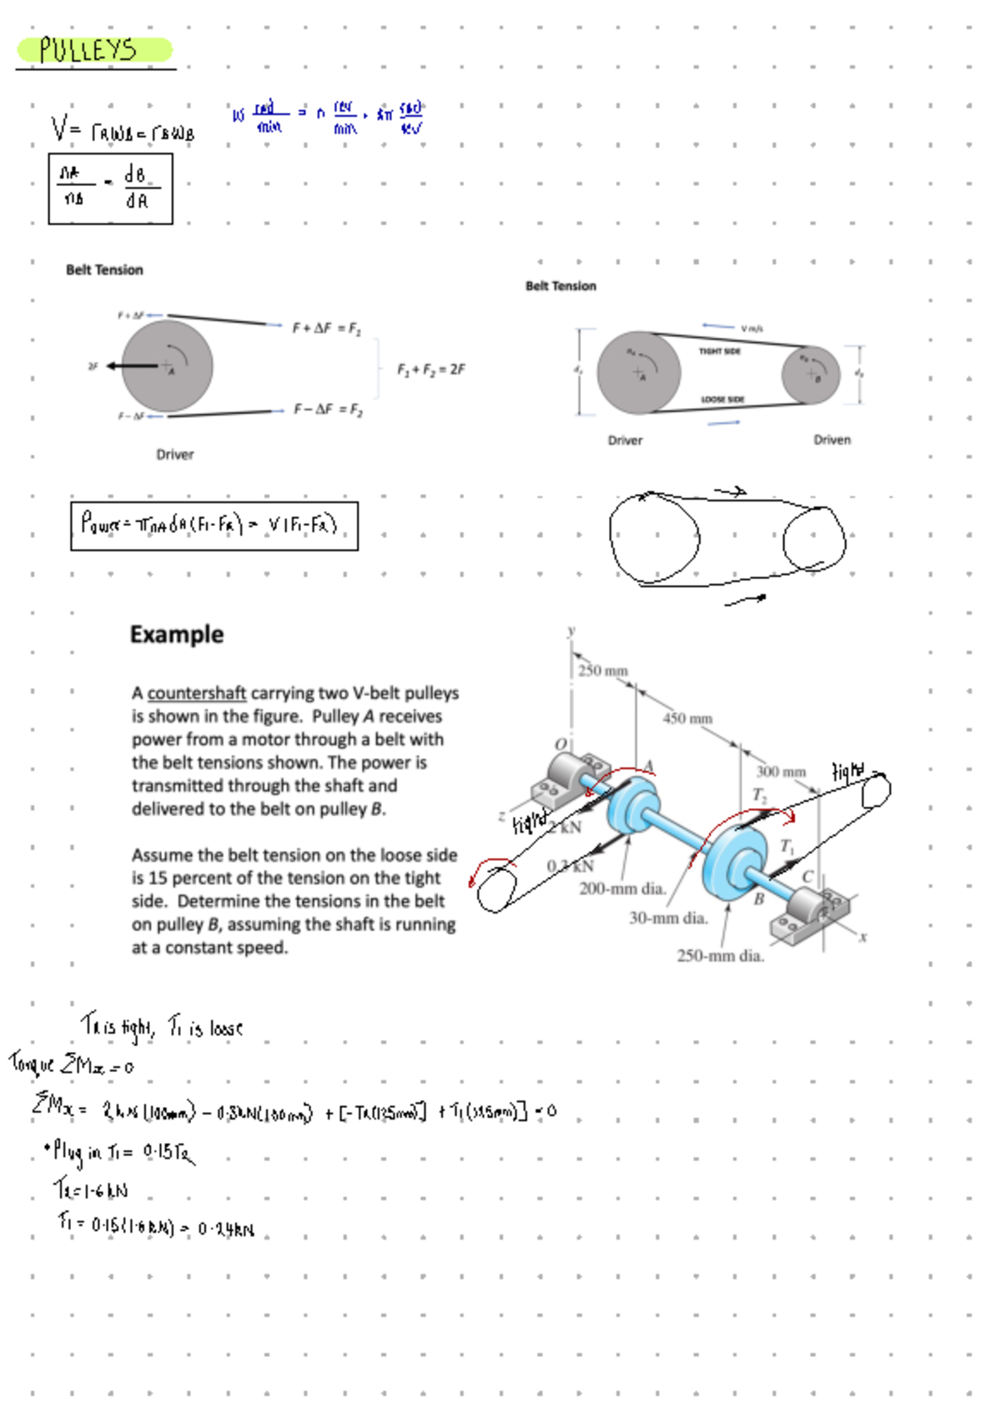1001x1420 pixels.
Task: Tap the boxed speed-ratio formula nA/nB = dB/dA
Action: pyautogui.click(x=110, y=189)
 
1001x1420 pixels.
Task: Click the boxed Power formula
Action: pyautogui.click(x=214, y=526)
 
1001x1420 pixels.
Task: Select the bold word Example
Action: pyautogui.click(x=177, y=634)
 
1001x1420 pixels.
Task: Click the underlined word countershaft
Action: pyautogui.click(x=196, y=693)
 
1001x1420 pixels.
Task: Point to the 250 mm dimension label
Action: pyautogui.click(x=603, y=671)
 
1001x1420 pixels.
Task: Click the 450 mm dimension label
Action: pyautogui.click(x=687, y=718)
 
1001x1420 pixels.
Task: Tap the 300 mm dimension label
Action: pyautogui.click(x=781, y=772)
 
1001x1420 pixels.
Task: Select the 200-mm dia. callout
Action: pyautogui.click(x=622, y=889)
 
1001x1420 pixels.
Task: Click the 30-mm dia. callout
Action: pyautogui.click(x=668, y=919)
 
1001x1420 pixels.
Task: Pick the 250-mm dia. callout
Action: pyautogui.click(x=720, y=956)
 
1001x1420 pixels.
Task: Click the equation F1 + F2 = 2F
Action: pyautogui.click(x=430, y=369)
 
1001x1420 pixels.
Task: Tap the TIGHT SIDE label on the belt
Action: pyautogui.click(x=719, y=351)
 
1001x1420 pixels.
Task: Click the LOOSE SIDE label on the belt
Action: pyautogui.click(x=722, y=400)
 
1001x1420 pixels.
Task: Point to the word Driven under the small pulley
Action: pyautogui.click(x=832, y=440)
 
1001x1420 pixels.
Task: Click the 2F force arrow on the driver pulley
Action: pyautogui.click(x=133, y=365)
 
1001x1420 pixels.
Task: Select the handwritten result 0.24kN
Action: pyautogui.click(x=226, y=1229)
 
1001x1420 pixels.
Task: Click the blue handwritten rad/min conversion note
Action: pyautogui.click(x=329, y=118)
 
